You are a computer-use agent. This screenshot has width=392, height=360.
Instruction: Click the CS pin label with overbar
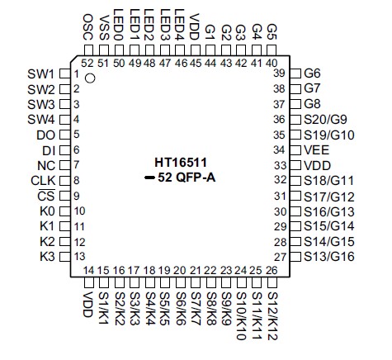pyautogui.click(x=48, y=196)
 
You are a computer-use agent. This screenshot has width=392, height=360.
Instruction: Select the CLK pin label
pyautogui.click(x=43, y=180)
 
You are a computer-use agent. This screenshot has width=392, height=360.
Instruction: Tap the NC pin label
pyautogui.click(x=47, y=165)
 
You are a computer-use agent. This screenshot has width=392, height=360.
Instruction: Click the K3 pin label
pyautogui.click(x=47, y=257)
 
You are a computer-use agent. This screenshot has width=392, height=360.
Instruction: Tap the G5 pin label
pyautogui.click(x=272, y=34)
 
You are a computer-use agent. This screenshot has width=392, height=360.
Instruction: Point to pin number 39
pyautogui.click(x=279, y=73)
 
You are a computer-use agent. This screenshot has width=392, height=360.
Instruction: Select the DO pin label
pyautogui.click(x=46, y=135)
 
